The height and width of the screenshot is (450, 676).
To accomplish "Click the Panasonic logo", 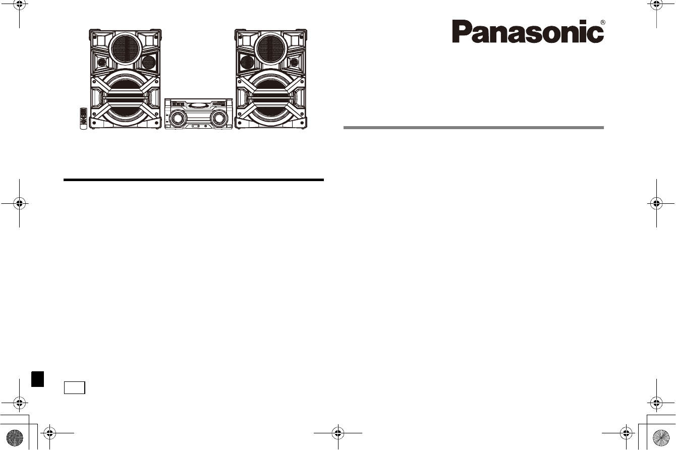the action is [527, 31].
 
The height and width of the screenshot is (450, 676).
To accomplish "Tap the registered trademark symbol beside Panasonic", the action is [602, 23].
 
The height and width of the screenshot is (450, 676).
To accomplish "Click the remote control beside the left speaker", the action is [83, 119].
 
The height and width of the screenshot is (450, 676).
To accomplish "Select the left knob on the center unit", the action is [177, 119].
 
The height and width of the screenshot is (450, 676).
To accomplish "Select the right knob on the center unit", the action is [218, 119].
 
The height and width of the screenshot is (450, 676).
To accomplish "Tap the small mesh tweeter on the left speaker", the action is [148, 63].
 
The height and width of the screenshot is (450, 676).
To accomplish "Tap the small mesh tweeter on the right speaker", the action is [247, 63].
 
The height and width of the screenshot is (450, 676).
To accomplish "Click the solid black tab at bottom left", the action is [36, 379].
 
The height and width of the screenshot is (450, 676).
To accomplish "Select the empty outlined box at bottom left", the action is [74, 387].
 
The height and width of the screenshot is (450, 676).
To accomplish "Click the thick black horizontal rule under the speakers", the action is [193, 179].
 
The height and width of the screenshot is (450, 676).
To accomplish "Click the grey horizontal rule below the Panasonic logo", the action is [473, 128].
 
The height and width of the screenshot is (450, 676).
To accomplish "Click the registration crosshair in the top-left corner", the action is [19, 5].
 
